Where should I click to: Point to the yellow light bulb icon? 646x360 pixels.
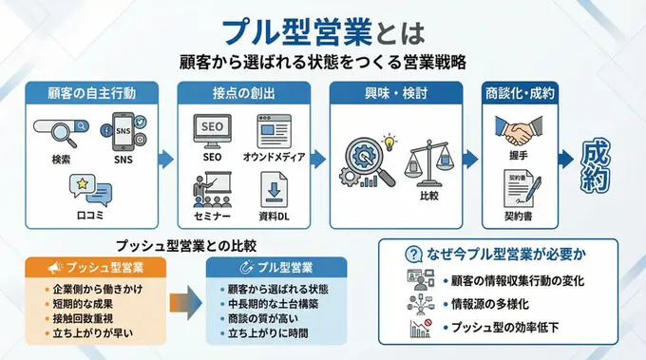388,142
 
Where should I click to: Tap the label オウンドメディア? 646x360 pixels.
273,157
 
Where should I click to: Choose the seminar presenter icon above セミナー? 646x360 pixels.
211,185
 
